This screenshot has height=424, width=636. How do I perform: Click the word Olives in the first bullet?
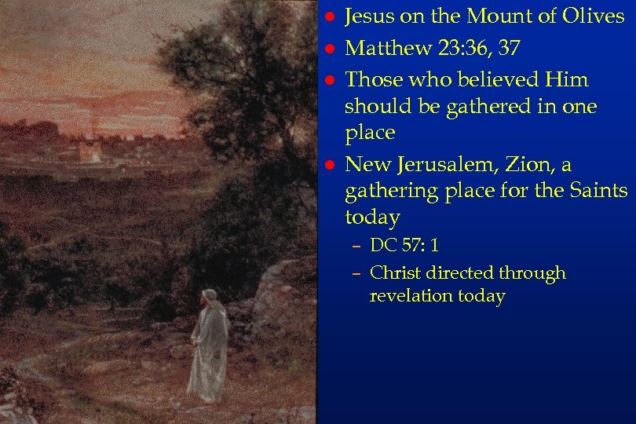590,16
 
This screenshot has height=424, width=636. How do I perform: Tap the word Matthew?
381,49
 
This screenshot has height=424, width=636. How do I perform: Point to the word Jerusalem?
448,165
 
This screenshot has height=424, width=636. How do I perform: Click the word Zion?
531,164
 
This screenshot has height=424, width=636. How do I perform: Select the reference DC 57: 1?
404,246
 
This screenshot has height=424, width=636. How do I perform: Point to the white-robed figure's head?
209,297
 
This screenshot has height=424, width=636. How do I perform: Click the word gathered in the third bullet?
475,106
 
